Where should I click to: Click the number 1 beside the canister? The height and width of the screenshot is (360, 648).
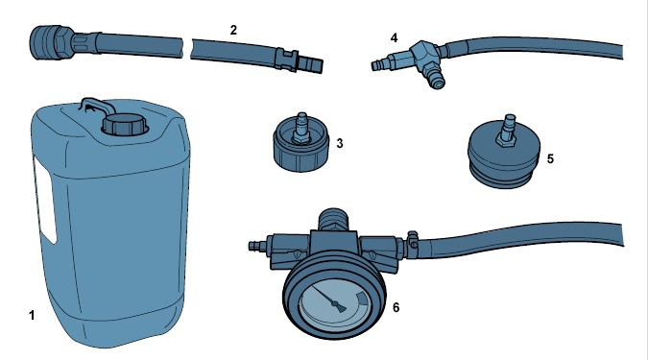pyautogui.click(x=32, y=316)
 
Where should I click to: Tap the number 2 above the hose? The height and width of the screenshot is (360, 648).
pyautogui.click(x=233, y=30)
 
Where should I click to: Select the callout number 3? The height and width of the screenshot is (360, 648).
pyautogui.click(x=340, y=143)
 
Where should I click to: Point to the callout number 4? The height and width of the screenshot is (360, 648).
pyautogui.click(x=394, y=38)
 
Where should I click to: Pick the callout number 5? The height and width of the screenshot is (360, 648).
pyautogui.click(x=550, y=159)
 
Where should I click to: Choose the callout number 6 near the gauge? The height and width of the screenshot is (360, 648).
pyautogui.click(x=396, y=307)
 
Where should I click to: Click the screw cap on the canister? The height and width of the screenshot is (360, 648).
pyautogui.click(x=125, y=125)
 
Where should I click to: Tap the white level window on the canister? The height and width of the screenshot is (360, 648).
pyautogui.click(x=45, y=203)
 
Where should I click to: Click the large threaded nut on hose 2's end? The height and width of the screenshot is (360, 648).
pyautogui.click(x=49, y=42)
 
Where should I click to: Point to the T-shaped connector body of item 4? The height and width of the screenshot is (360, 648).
pyautogui.click(x=422, y=56)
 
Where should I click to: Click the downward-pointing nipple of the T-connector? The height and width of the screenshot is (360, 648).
pyautogui.click(x=436, y=78)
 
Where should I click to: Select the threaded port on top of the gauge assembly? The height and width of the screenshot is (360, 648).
pyautogui.click(x=334, y=220)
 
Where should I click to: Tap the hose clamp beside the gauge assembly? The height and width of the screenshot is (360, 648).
pyautogui.click(x=412, y=241)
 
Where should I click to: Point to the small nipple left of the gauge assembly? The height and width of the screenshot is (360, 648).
pyautogui.click(x=258, y=247)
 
